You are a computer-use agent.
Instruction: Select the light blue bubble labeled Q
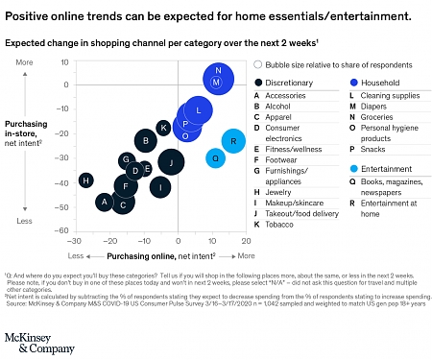coord(216,158)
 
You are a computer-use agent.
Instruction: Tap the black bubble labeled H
coord(86,180)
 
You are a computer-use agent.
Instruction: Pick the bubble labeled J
coord(172,162)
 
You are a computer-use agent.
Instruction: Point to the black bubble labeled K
coord(164,127)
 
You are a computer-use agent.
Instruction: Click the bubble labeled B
coord(145,141)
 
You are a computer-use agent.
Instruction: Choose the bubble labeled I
coord(161,186)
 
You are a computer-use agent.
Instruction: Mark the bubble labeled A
coord(104,202)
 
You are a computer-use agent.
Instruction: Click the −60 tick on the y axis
coord(64,230)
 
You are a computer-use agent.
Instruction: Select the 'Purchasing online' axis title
coord(160,256)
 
